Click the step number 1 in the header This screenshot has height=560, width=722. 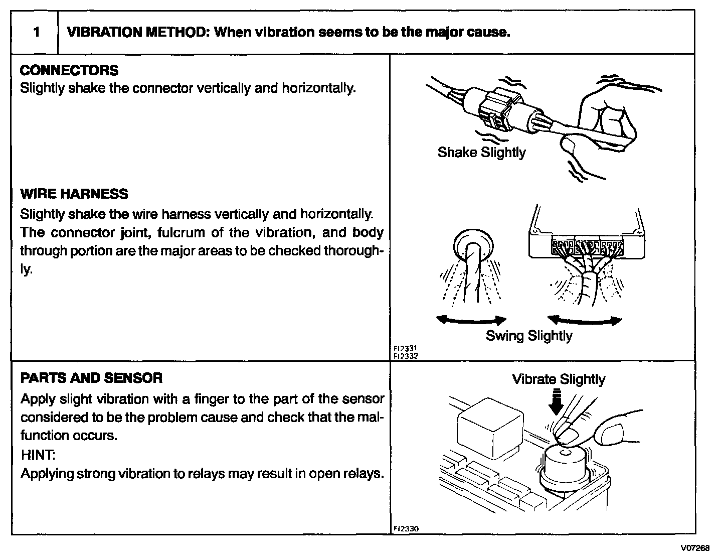(x=36, y=33)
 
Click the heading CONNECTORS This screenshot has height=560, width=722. (x=69, y=70)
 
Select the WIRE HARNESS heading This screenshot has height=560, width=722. (x=74, y=194)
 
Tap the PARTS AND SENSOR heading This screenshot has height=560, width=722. (x=91, y=378)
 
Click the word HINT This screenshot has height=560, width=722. (x=38, y=455)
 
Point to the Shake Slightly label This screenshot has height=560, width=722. (x=481, y=153)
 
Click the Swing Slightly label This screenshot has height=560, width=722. (x=529, y=336)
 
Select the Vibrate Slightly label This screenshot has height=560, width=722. (x=559, y=379)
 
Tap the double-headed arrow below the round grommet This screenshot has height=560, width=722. (x=471, y=320)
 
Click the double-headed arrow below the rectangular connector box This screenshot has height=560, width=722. (x=585, y=320)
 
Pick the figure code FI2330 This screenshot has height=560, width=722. (x=405, y=528)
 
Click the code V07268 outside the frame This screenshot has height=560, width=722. (x=696, y=547)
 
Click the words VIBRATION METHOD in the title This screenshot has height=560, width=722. (x=137, y=33)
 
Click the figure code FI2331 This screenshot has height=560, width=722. (x=405, y=349)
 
